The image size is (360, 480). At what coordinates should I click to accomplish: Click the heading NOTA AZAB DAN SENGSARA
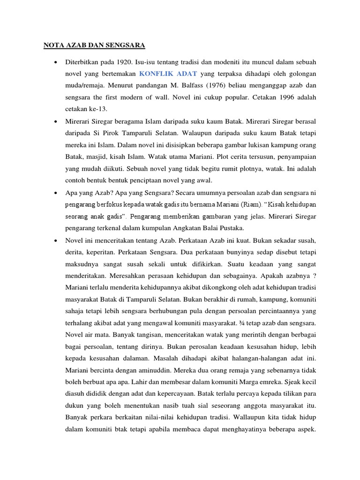94,45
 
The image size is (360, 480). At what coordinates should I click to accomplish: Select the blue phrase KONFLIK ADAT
168,74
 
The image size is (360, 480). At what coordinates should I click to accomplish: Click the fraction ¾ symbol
248,323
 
